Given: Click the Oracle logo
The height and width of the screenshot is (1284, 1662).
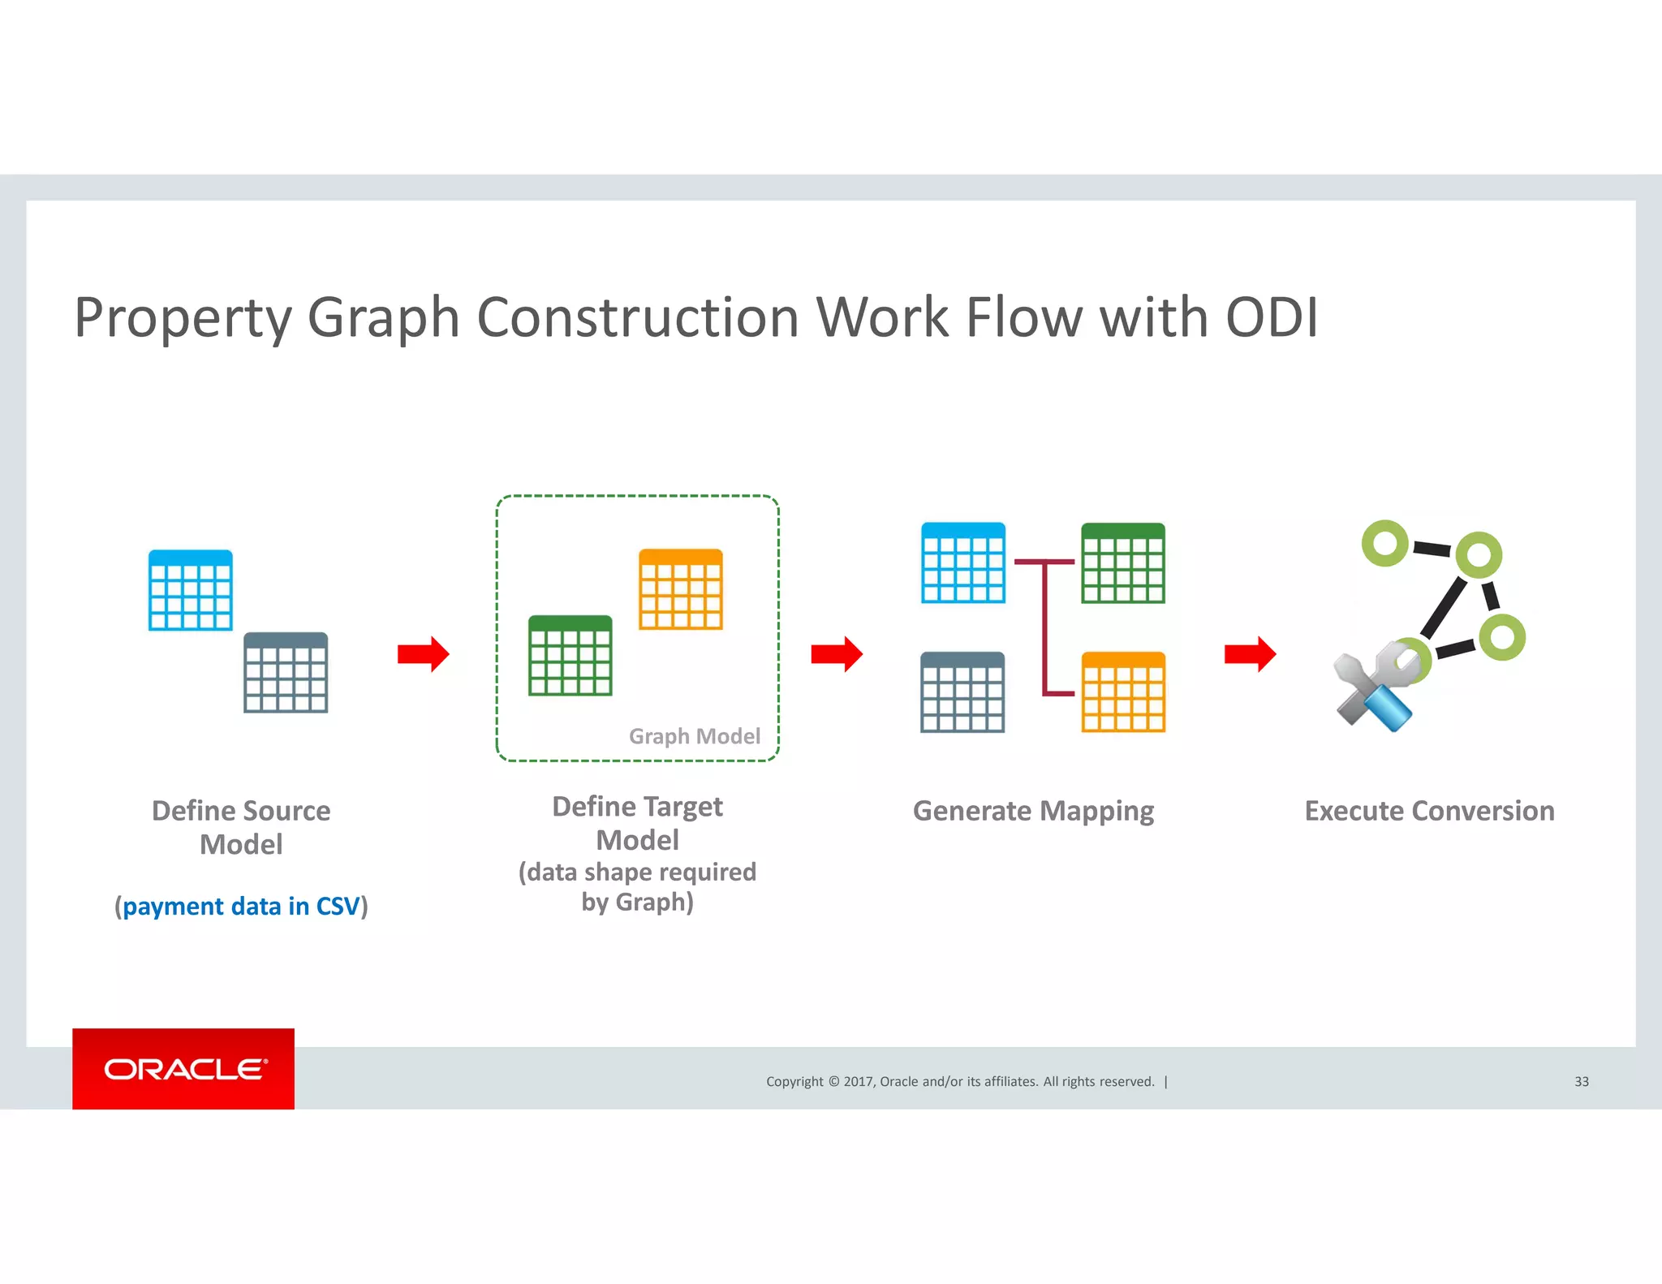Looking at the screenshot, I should point(183,1068).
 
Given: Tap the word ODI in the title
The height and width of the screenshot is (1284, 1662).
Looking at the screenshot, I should point(1271,317).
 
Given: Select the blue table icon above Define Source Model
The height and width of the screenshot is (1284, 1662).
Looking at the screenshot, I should point(191,590).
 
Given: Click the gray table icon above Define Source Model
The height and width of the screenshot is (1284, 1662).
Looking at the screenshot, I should point(286,673).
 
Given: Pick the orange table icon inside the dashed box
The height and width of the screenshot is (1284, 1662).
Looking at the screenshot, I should point(680,589).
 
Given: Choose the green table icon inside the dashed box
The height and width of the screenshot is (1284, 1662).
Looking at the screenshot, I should point(570,655).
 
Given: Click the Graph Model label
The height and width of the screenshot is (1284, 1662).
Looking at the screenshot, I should point(695,736).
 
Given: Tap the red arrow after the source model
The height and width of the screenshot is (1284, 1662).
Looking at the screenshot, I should point(423,654).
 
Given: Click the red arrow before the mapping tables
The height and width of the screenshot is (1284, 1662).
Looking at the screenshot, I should point(836,654).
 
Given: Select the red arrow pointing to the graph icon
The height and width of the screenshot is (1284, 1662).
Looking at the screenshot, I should point(1250,654).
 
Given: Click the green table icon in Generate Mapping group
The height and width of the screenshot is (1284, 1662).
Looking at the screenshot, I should point(1123,562).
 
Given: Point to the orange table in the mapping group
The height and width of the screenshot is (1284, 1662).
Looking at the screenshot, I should point(1123,692).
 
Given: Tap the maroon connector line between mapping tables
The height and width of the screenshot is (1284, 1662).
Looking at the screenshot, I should point(1046,627).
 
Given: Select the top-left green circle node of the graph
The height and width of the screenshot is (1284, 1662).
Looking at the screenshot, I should point(1384,543).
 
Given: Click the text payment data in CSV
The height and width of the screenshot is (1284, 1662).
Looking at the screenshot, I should point(241,906).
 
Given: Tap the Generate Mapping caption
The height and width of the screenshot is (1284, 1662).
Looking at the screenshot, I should point(1033,811).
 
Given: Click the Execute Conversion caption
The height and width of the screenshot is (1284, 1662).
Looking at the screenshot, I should point(1429,811).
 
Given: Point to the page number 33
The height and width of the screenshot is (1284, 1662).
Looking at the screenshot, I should point(1581,1081).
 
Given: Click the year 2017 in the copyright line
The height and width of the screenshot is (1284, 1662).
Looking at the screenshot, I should point(858,1081).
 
